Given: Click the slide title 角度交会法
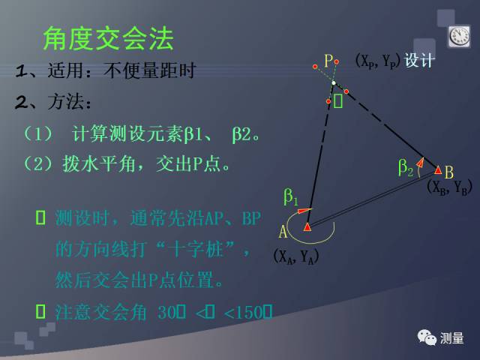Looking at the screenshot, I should [108, 38].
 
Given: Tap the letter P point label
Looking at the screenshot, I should [328, 61].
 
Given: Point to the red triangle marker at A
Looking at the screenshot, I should [307, 226].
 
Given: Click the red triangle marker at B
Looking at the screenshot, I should [438, 169].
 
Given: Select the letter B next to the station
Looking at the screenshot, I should [449, 172].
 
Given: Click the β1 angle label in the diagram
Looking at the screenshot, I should [290, 198].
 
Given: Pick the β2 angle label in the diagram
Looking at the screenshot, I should [405, 169].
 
